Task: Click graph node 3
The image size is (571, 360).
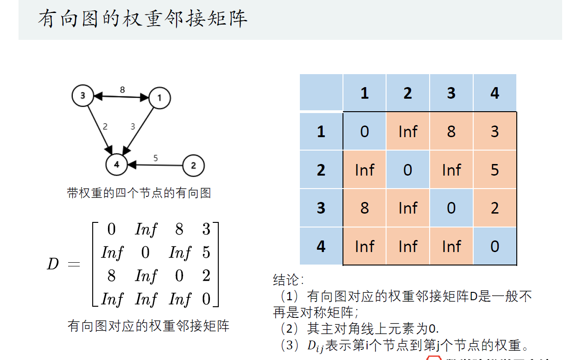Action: coord(82,96)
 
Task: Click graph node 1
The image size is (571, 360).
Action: coord(160,98)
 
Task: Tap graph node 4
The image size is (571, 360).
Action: coord(116,164)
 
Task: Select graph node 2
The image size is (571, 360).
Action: coord(193,165)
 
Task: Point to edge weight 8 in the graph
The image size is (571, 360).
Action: coord(122,90)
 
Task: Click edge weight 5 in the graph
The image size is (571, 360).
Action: coord(155,158)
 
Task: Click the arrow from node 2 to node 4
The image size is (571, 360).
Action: coord(155,164)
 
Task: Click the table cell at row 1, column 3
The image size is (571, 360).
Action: coord(451,132)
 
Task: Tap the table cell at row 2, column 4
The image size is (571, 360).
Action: coord(495,170)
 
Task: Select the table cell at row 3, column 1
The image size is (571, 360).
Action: coord(364,208)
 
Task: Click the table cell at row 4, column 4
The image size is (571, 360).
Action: coord(495,246)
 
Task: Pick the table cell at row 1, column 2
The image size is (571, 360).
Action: coord(408,132)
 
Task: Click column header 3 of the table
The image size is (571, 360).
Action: coord(451,93)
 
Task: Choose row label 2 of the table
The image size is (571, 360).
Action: coord(321,170)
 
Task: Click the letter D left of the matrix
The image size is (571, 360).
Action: coord(53,265)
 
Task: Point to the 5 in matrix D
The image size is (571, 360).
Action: coord(206,253)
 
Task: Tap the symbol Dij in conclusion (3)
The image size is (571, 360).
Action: coord(315,346)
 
